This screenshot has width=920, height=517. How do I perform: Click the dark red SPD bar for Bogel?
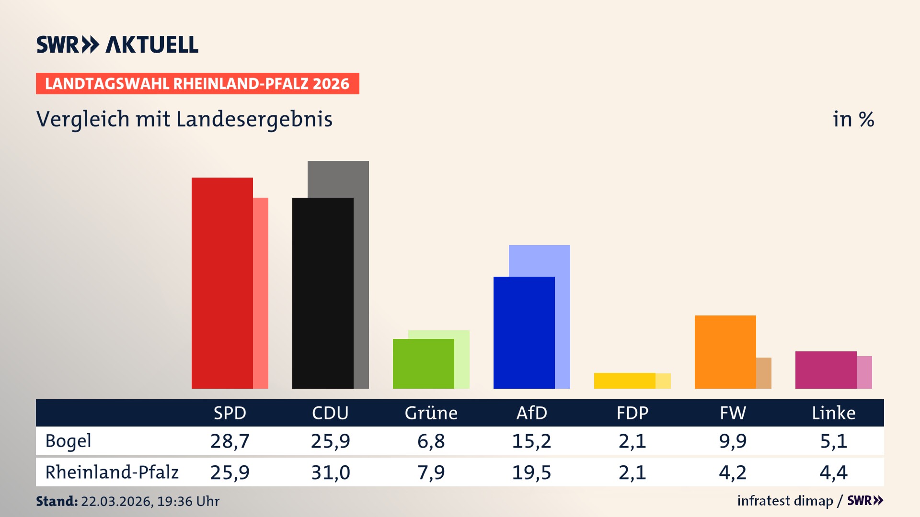(222, 282)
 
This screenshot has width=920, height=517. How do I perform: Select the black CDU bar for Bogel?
(322, 293)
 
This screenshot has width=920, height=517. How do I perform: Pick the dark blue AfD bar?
(524, 333)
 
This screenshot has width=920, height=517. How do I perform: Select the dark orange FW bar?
(725, 352)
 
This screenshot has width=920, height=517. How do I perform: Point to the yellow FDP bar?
(624, 381)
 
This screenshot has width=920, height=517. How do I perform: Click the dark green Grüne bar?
(423, 364)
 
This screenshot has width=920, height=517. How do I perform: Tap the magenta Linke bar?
(826, 370)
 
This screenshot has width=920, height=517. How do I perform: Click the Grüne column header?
(431, 413)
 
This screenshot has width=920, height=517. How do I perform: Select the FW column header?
(733, 413)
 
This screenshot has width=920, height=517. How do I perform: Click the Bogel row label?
(68, 441)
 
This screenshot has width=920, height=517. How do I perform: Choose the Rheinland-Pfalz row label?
(112, 472)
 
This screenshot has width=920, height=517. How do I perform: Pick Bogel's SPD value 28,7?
(230, 441)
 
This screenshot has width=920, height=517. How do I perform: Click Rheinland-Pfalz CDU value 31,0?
(330, 472)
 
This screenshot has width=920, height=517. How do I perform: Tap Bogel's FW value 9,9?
(733, 441)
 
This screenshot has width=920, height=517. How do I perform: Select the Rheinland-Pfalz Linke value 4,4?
(833, 472)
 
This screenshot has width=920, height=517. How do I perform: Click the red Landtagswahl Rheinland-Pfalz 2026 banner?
(197, 84)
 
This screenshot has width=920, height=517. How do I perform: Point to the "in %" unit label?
(853, 119)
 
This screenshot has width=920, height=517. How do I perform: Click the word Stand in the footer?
(57, 501)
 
